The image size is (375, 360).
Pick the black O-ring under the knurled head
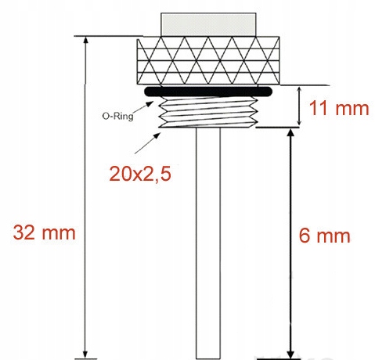click(207, 92)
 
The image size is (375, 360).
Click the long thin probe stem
click(208, 243)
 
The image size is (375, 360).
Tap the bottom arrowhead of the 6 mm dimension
click(290, 351)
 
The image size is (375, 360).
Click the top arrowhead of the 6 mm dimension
click(290, 134)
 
